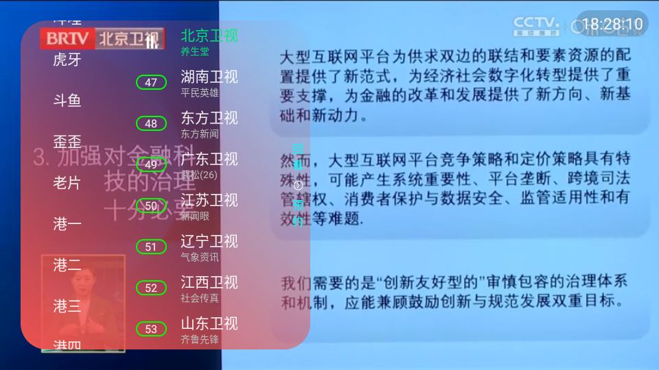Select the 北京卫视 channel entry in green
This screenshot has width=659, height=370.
tap(209, 36)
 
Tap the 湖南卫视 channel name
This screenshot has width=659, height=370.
tap(209, 76)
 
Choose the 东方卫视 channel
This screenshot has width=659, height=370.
tap(209, 117)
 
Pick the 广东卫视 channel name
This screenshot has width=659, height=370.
tap(209, 159)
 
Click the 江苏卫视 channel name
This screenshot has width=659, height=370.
tap(209, 200)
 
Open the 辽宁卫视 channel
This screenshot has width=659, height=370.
tap(209, 241)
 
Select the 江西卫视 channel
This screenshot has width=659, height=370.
tap(209, 282)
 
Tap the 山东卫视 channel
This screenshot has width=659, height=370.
tap(209, 323)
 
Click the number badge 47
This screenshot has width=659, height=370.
tap(151, 83)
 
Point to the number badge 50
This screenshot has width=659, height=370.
tap(151, 206)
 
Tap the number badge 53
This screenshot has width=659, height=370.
tap(151, 330)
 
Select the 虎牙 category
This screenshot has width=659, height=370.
tap(67, 60)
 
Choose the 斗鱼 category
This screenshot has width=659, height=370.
tap(67, 101)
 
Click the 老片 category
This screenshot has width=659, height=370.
tap(67, 183)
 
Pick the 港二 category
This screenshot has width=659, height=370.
tap(67, 265)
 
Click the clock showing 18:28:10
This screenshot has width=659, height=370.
tap(612, 25)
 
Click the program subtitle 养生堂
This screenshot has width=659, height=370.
tap(195, 51)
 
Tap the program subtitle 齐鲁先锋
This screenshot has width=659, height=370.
tap(200, 339)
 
